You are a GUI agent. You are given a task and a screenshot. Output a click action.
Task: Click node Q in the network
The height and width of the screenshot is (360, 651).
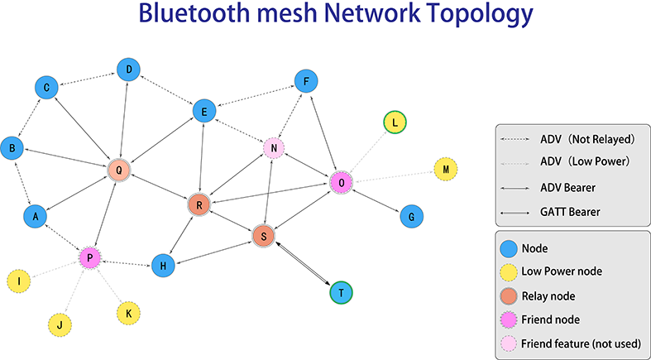(120, 171)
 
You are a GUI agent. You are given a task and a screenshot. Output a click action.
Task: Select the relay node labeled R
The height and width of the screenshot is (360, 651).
(199, 204)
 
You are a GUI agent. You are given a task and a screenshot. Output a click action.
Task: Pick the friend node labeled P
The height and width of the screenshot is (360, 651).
(89, 258)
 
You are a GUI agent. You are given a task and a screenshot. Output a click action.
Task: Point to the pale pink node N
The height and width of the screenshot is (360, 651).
(274, 149)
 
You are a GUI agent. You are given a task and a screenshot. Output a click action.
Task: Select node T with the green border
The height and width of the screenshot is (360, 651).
(340, 293)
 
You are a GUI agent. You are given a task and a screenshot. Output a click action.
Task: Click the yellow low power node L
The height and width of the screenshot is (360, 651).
(395, 123)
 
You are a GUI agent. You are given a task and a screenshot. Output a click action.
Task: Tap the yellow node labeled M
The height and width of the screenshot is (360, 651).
(446, 170)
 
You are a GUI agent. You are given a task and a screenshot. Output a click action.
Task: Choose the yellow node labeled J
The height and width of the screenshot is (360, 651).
(59, 324)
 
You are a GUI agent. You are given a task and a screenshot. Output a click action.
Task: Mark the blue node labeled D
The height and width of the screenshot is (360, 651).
(127, 70)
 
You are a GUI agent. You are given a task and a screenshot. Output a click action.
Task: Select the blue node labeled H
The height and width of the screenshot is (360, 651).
(163, 265)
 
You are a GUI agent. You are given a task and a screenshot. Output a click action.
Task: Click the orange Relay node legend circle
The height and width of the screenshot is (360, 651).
(510, 295)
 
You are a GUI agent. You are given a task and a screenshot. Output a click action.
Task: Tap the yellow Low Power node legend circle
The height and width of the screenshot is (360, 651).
(510, 271)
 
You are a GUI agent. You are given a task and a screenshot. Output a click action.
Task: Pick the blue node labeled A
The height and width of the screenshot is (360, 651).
(35, 216)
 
